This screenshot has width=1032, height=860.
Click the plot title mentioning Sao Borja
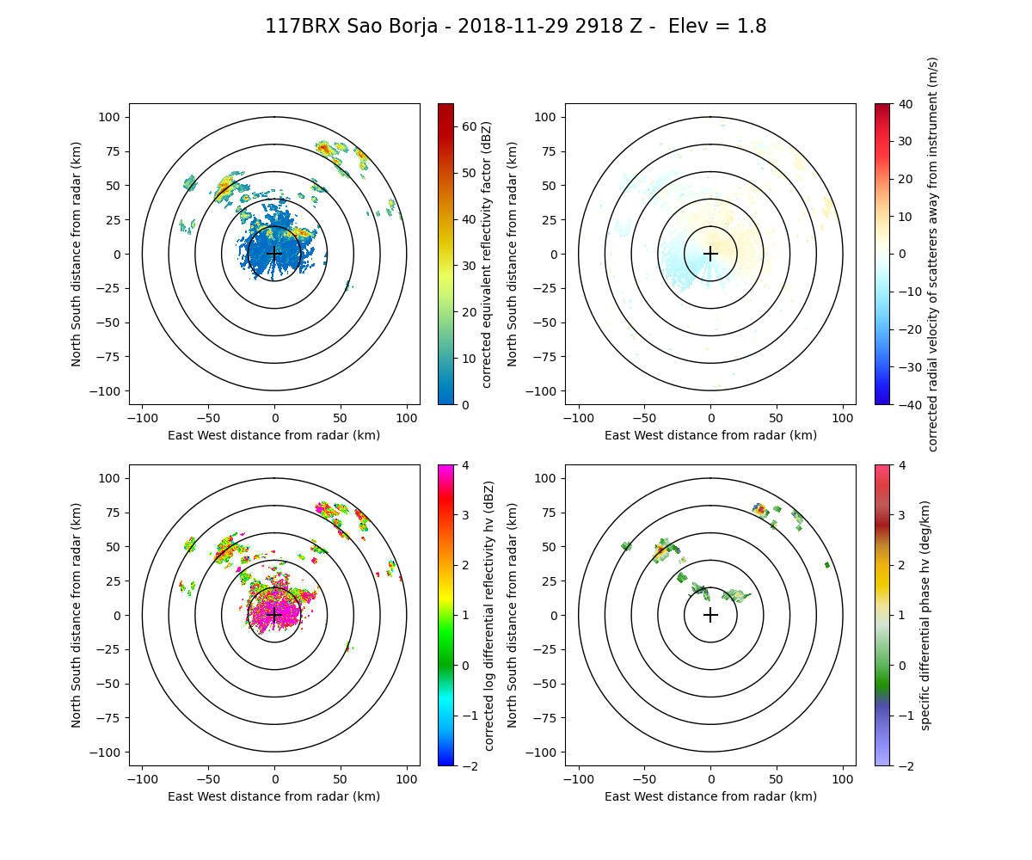(516, 27)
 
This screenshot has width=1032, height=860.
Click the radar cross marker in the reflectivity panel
(274, 254)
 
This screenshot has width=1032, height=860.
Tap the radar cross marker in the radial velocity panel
(710, 254)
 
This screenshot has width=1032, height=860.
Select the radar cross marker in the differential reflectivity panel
(274, 615)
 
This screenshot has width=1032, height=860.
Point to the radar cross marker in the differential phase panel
(710, 615)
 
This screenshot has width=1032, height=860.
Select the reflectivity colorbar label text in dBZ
(487, 254)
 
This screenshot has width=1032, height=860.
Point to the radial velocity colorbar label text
(933, 254)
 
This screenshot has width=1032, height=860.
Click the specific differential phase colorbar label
(925, 615)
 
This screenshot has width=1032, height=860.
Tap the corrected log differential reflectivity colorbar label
(488, 615)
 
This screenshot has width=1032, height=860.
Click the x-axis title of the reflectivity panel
(274, 435)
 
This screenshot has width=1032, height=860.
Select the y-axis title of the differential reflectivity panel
(77, 615)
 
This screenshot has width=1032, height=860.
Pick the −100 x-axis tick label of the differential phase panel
(579, 778)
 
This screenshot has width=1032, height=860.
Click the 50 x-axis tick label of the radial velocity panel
(777, 417)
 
